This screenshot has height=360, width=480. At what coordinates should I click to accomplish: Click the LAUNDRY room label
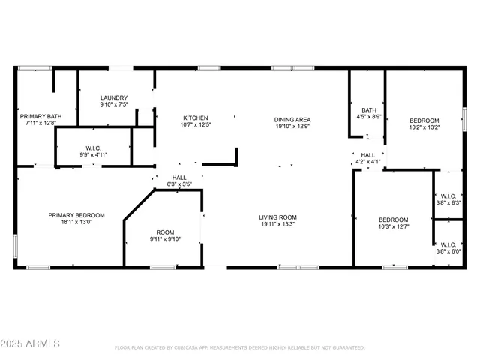(114, 97)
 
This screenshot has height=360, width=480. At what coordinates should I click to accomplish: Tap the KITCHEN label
(196, 118)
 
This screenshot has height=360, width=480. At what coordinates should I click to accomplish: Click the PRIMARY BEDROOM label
(76, 215)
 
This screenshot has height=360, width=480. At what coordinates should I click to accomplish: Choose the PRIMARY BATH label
(40, 116)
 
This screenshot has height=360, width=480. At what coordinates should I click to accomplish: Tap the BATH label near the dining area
(368, 109)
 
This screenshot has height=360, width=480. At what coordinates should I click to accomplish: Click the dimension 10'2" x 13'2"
(424, 127)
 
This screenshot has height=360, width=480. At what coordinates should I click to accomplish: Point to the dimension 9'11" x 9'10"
(165, 239)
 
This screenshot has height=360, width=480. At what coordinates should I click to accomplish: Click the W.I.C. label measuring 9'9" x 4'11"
(94, 155)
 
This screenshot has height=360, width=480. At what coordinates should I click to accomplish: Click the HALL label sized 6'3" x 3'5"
(179, 178)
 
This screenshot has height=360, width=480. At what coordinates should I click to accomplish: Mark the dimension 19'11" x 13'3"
(277, 223)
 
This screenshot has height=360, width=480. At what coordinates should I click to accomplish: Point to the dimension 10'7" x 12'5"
(196, 125)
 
